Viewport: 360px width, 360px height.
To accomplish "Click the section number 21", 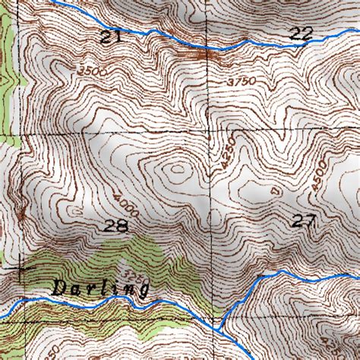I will pos(110,36).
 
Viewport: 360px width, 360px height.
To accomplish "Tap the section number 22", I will pos(301,33).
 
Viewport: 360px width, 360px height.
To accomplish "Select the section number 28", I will pos(117,226).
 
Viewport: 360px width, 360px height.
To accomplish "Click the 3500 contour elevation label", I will pos(92,70).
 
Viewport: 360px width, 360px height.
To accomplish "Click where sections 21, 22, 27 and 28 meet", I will pos(210,129).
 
